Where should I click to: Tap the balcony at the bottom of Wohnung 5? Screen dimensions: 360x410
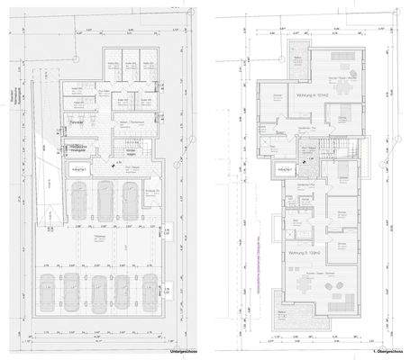pyautogui.click(x=300, y=316)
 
